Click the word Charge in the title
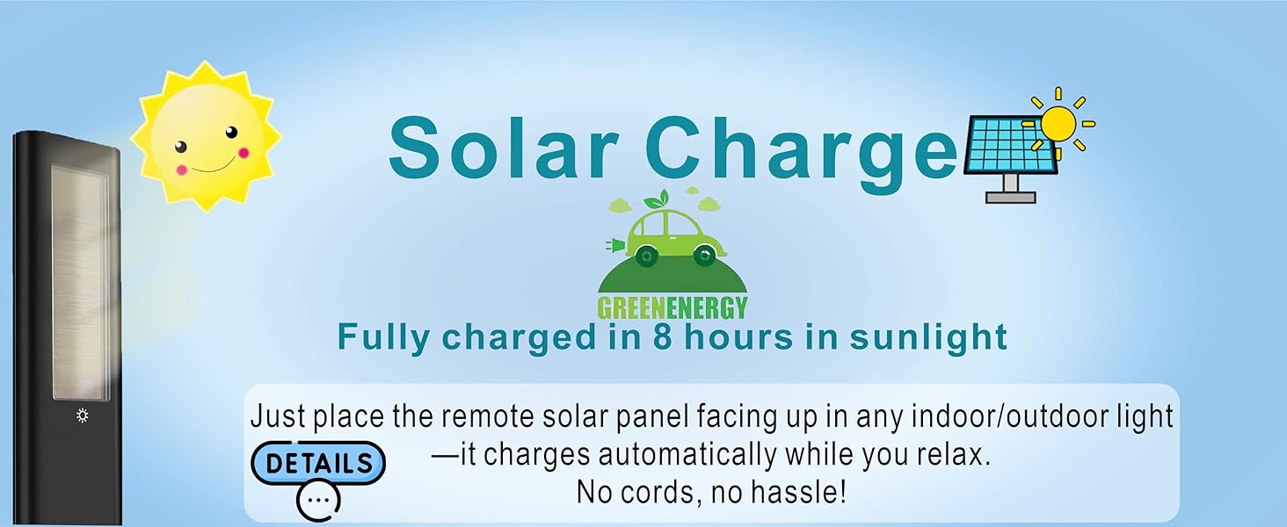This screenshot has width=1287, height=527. point(804,155)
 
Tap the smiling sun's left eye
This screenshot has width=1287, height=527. point(181,147)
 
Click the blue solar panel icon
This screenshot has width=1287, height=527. point(1011,144)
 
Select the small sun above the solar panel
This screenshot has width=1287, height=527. point(1058,123)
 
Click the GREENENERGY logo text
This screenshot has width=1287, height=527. point(673,307)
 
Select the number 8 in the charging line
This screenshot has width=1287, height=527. point(662,337)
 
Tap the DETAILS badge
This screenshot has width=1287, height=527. point(318,463)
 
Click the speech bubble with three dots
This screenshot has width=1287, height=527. point(318,500)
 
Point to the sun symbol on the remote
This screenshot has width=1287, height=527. point(82,415)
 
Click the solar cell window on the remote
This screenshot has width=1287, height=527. point(80,283)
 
